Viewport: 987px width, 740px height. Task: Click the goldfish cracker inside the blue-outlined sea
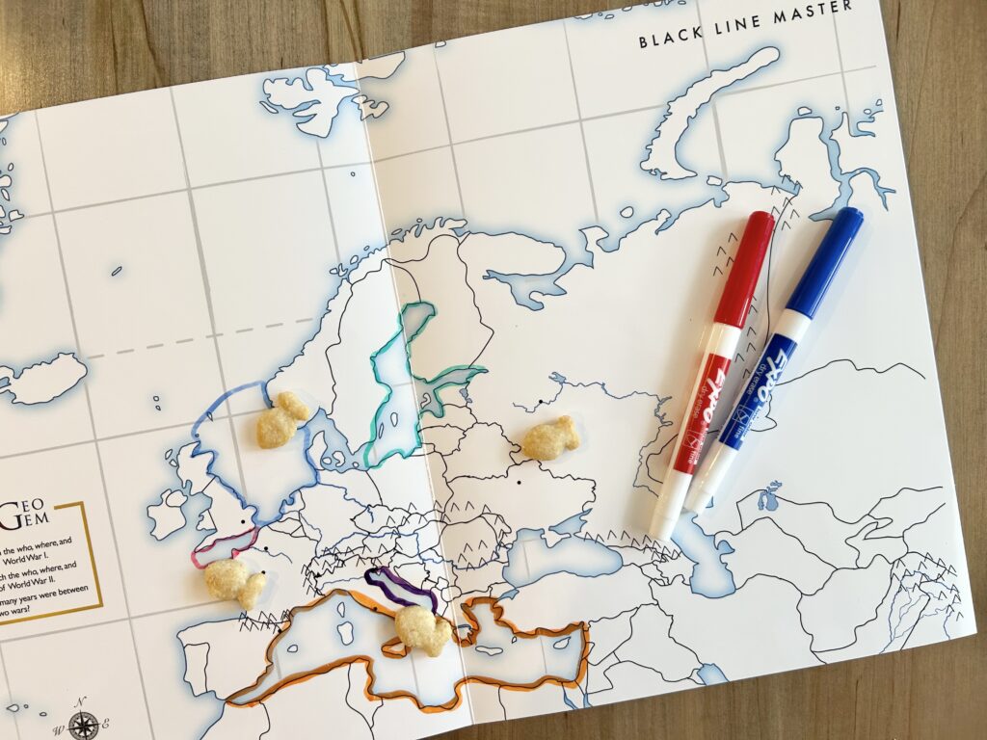(x=280, y=420)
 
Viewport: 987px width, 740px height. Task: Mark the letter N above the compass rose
(x=82, y=700)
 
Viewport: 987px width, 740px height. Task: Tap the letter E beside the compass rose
(x=106, y=724)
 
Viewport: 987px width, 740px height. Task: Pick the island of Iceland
(x=43, y=377)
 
